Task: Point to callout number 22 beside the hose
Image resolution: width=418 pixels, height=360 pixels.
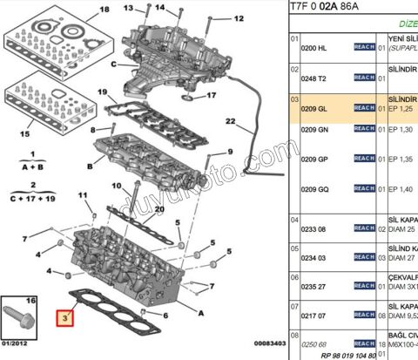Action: click(x=231, y=120)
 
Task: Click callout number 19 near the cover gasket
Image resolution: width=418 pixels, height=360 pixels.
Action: click(x=101, y=92)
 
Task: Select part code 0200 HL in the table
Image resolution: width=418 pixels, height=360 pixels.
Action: click(x=314, y=47)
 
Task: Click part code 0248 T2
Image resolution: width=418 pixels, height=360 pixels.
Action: click(x=314, y=78)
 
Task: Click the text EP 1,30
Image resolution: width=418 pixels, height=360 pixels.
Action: click(x=397, y=129)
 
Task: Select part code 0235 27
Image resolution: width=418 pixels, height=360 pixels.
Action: click(x=314, y=286)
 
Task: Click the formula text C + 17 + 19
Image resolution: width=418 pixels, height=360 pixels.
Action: click(x=32, y=198)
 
